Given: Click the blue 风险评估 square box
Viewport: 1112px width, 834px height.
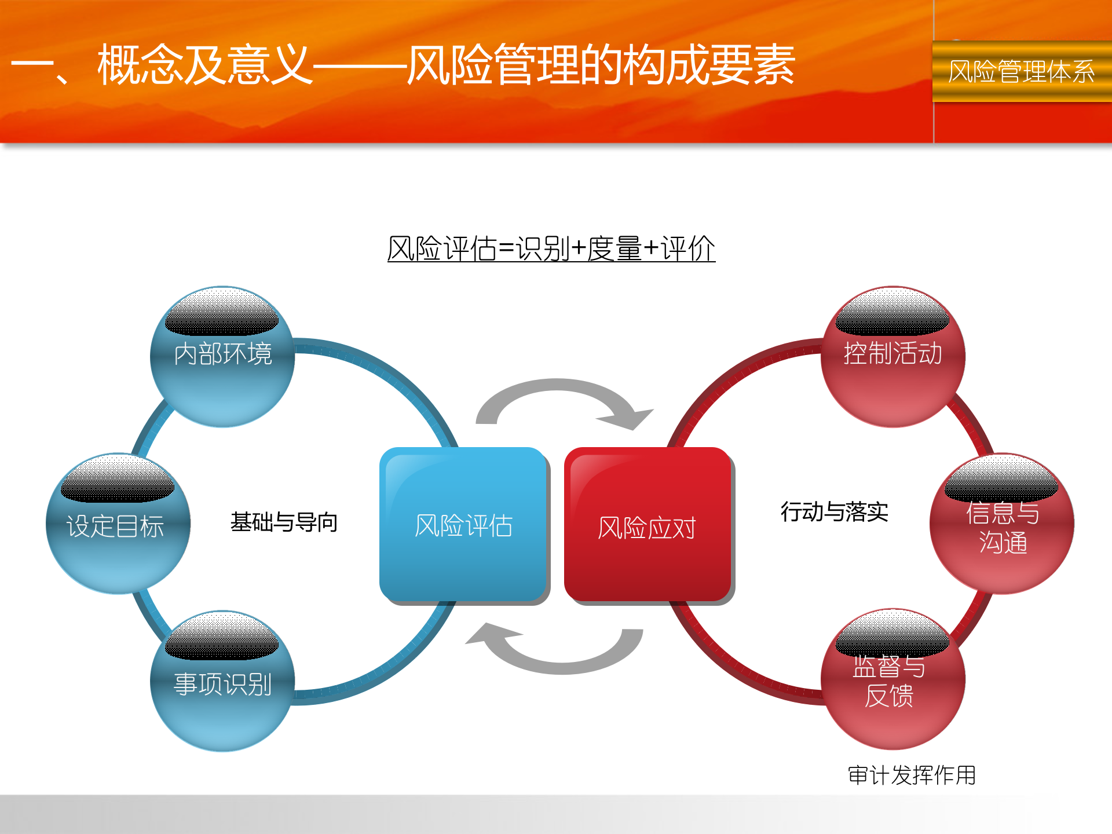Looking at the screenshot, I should tap(463, 525).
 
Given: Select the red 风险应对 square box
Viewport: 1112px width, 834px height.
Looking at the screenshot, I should tap(647, 526).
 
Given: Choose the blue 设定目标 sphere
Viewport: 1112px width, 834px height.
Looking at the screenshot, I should tap(117, 525).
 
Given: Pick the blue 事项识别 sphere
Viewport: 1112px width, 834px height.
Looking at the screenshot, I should tap(222, 682).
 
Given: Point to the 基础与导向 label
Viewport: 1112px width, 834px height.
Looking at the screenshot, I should tap(284, 522).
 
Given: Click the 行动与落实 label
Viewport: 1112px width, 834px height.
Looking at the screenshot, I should tap(834, 512).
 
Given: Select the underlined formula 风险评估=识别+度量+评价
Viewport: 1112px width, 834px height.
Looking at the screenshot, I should tap(551, 249).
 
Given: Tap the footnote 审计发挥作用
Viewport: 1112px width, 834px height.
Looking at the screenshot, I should tap(912, 775).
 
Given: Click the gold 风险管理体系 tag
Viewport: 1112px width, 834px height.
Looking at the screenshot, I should tap(1022, 72).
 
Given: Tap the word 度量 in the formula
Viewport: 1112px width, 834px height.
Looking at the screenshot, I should tap(614, 249).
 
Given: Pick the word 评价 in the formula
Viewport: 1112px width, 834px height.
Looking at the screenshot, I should tap(688, 249).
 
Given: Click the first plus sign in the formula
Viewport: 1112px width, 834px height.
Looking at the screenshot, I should tap(579, 249).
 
